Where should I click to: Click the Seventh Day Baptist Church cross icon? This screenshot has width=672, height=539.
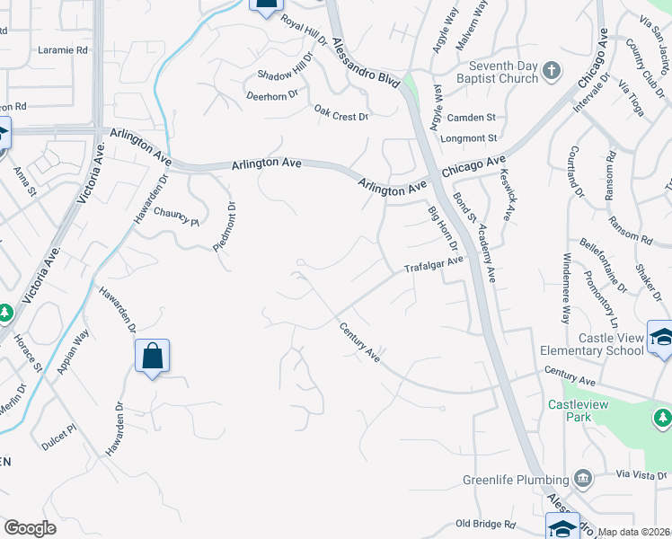coord(552,70)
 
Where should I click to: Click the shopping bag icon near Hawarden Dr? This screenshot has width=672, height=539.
coord(152,356)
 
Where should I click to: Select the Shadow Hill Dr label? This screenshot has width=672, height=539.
coord(285,75)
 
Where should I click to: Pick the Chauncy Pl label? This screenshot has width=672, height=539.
coord(175,216)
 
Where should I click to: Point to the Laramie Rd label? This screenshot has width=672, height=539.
coord(63,50)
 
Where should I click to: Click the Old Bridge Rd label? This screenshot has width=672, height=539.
coord(485,523)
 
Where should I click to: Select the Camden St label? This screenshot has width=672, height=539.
coord(472,118)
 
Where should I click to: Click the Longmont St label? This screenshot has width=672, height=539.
coord(468,138)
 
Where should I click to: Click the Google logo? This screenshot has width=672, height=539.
coord(30,528)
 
